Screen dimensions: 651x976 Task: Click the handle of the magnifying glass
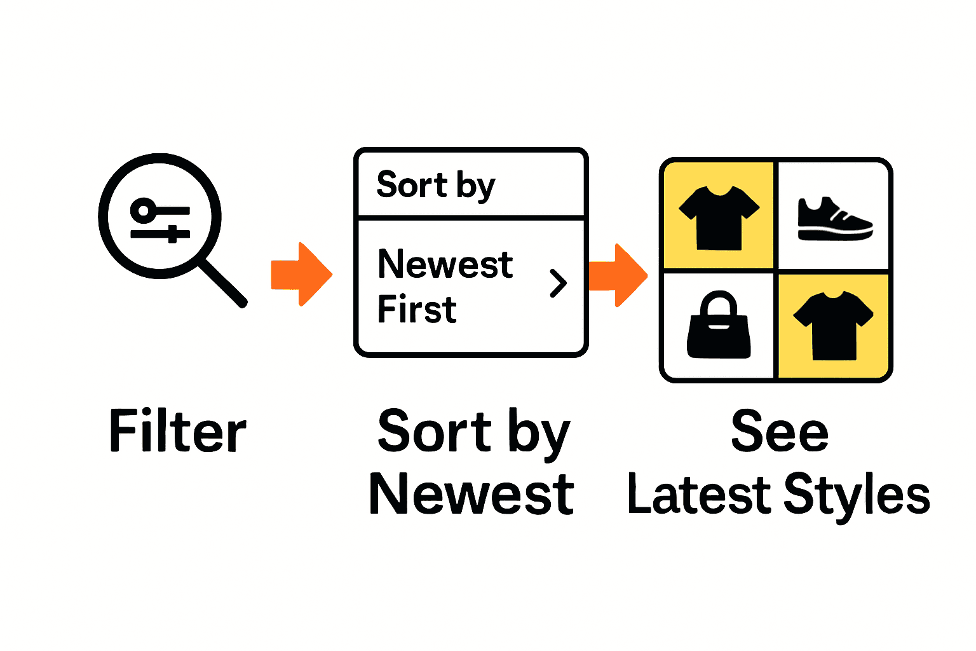pos(222,283)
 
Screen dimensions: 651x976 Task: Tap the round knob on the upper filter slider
pos(144,210)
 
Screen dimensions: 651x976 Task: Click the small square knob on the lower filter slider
pos(172,234)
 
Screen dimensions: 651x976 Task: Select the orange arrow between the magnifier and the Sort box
pos(301,274)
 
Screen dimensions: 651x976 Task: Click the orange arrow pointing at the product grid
pos(618,275)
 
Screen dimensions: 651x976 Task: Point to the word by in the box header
pos(475,186)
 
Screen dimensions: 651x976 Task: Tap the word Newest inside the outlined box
pos(445,264)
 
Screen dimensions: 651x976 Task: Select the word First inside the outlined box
pos(417,310)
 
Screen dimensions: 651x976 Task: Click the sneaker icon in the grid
pos(834,220)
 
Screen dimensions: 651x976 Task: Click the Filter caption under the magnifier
pos(178,432)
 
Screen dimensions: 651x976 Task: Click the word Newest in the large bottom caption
pos(471,495)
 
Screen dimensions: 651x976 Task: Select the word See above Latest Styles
pos(780,432)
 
